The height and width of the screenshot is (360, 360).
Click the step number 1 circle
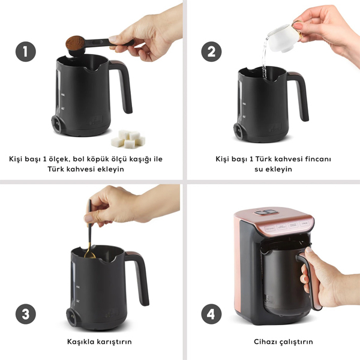(x=26, y=52)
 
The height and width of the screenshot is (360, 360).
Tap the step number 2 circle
(x=211, y=52)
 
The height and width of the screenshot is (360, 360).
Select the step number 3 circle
(x=26, y=314)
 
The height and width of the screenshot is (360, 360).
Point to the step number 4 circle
(x=211, y=314)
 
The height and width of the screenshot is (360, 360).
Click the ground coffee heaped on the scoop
(x=75, y=43)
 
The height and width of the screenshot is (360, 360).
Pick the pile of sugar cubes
(x=128, y=139)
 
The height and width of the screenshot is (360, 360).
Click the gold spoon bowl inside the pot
(x=90, y=255)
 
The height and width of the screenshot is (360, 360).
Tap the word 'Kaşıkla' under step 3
(x=80, y=341)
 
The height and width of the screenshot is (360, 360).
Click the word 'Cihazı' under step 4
(x=264, y=341)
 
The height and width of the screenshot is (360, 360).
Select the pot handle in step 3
(x=139, y=278)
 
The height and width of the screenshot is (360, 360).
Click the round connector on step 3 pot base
(x=71, y=317)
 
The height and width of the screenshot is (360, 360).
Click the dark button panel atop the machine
(x=266, y=212)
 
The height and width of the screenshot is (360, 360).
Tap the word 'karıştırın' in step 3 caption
(x=114, y=342)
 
